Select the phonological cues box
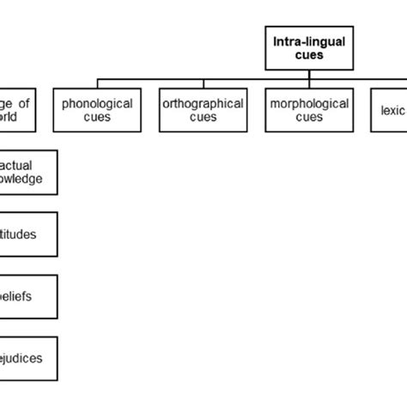97,110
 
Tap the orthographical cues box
203,110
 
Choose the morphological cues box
308,110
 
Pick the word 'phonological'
97,104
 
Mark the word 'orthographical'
203,104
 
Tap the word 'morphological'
308,104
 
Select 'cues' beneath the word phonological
97,118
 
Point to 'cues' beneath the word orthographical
203,118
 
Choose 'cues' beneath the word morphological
308,118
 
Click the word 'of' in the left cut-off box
23,103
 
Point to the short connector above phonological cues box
97,84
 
